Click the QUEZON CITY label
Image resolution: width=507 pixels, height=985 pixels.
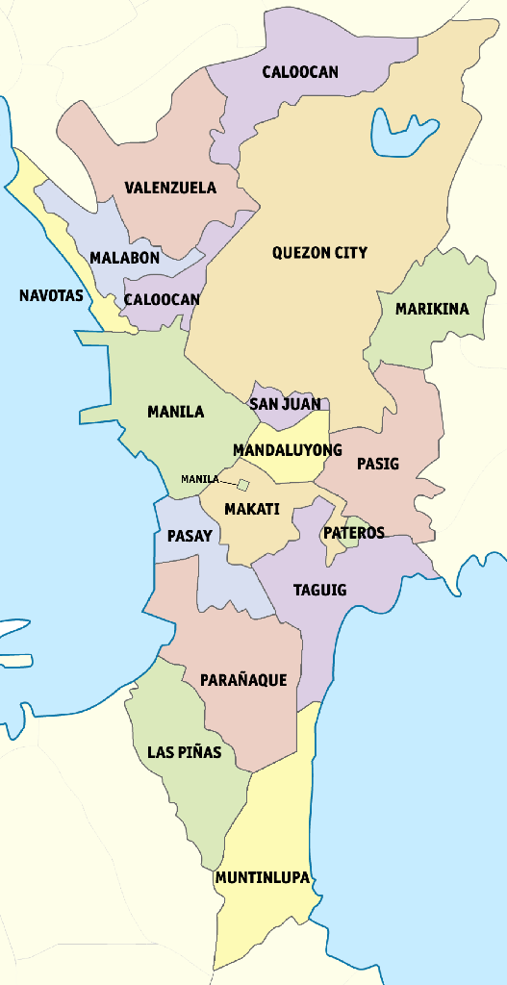[319, 253]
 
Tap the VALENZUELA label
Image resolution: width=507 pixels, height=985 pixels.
[170, 188]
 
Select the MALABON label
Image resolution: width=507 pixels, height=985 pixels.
[125, 258]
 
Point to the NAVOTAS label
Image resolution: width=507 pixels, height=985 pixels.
[51, 295]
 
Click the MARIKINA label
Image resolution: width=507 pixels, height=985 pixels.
[432, 309]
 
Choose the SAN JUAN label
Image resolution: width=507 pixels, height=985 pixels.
[285, 404]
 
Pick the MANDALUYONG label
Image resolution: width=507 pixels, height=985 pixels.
[288, 450]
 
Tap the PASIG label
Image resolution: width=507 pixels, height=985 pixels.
[377, 464]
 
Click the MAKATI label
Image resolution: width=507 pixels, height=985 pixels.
[251, 509]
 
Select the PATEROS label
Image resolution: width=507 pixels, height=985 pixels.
[354, 533]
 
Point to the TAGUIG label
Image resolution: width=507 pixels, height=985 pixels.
[319, 590]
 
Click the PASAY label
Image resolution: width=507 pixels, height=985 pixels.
[190, 536]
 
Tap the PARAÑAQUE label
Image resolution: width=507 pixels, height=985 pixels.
[243, 680]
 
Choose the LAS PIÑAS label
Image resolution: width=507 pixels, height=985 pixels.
[184, 752]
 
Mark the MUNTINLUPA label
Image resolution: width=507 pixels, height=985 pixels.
[263, 878]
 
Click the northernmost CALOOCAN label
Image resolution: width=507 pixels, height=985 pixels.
[300, 72]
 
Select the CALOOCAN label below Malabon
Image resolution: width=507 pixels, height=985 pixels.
[162, 299]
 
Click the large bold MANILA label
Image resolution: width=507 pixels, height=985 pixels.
[175, 412]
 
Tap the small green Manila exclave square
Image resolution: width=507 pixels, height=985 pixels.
[244, 485]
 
